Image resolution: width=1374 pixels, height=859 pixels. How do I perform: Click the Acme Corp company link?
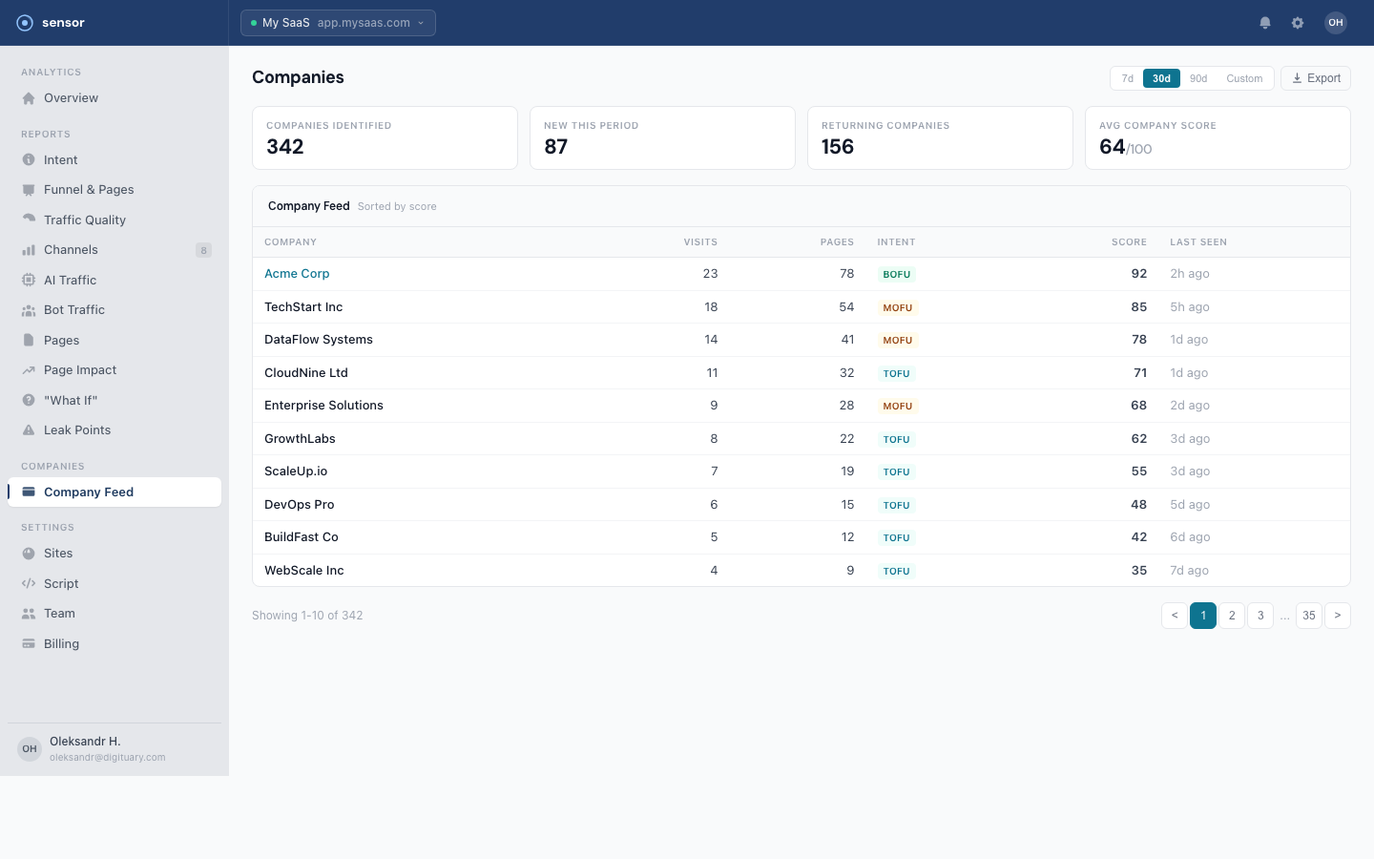[297, 274]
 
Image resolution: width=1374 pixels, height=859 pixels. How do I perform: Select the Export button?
[1316, 78]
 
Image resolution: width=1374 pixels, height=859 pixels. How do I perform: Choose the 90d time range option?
[1198, 78]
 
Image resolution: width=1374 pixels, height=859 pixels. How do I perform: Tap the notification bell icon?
[1265, 23]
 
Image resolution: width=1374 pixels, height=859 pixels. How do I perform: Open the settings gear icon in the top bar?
[1298, 23]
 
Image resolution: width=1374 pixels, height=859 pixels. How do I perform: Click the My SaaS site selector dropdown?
[338, 23]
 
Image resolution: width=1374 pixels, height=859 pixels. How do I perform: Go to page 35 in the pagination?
[1309, 616]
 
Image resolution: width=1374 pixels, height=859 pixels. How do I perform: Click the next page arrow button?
[1338, 616]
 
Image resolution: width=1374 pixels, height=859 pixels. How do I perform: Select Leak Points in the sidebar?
[77, 430]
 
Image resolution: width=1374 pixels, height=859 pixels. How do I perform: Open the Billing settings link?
[61, 644]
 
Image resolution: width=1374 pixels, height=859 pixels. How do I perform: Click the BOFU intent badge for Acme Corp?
[897, 274]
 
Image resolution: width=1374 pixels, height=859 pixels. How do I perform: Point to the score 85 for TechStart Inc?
[1138, 307]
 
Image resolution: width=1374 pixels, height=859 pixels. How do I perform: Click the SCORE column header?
[1129, 242]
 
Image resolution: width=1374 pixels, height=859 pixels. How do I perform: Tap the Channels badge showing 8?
[203, 250]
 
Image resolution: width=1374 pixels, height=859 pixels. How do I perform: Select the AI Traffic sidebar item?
[70, 281]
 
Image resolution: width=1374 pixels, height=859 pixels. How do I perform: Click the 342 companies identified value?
[285, 147]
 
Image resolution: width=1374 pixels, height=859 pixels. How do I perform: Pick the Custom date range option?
[1244, 78]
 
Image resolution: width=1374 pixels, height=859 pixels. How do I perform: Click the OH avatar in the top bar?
[1336, 23]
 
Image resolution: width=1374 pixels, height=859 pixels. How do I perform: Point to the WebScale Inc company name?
[304, 571]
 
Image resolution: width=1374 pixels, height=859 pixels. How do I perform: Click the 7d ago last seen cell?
[1190, 571]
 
